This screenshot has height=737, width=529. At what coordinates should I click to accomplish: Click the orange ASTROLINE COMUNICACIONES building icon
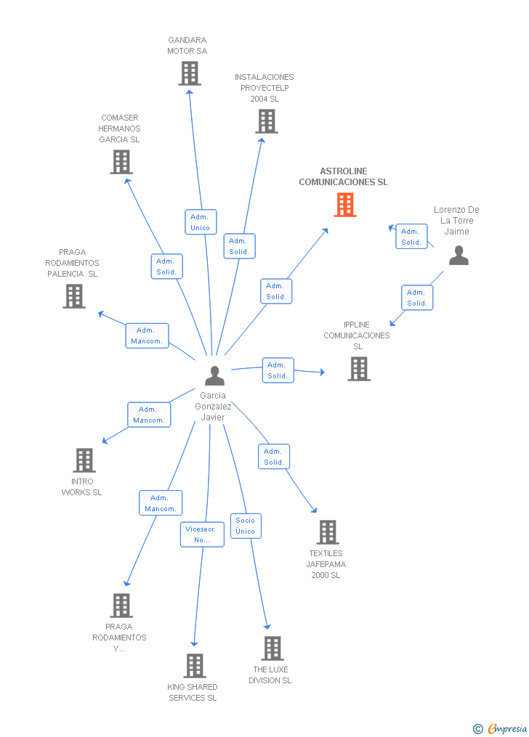pos(345,205)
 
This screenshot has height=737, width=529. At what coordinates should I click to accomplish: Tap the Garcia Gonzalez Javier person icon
pos(214,375)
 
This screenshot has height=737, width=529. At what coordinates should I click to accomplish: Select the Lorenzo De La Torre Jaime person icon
pos(459,255)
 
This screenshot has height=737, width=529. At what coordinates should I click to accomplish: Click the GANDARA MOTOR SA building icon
pos(190,74)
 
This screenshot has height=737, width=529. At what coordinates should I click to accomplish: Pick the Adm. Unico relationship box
pos(201,222)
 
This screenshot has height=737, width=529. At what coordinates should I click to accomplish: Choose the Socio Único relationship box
pos(246,526)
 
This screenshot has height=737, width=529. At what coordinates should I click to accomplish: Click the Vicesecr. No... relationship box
pos(202,534)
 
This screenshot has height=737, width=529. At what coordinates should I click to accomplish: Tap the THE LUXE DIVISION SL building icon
pos(272,648)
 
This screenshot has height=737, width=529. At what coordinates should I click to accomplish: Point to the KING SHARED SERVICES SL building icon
pos(194,666)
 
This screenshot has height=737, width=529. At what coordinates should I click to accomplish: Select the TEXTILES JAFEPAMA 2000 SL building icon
pos(327,532)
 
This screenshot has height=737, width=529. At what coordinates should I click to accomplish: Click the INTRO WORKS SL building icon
pos(84,460)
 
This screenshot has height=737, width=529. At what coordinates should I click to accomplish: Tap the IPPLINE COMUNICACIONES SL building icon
pos(359,369)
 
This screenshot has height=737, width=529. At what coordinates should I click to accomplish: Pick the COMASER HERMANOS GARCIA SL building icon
pos(121,162)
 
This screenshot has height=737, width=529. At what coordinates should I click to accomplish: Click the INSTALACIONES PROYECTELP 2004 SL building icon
pos(267,121)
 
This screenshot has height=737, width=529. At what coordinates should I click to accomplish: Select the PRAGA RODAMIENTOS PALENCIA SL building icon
pos(74,296)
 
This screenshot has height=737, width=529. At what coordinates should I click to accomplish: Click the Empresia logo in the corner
pos(500,728)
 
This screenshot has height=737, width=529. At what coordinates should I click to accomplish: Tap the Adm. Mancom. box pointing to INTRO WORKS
pos(149,415)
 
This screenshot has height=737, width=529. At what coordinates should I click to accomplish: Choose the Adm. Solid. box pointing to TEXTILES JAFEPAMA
pos(274,457)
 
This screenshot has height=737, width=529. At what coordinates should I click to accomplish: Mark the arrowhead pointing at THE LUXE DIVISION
pos(267,627)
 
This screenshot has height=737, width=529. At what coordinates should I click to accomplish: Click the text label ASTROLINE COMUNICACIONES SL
pos(344,176)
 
